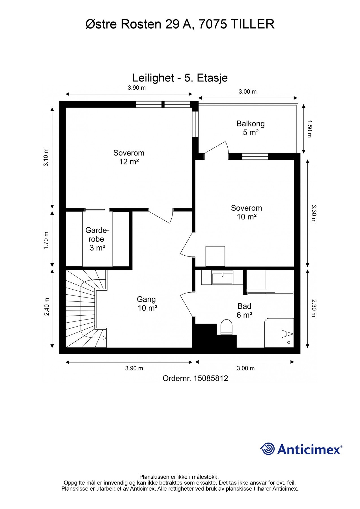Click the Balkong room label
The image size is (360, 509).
pyautogui.click(x=251, y=128)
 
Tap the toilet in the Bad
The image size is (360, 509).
pyautogui.click(x=226, y=327)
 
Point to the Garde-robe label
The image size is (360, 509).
pyautogui.click(x=97, y=239)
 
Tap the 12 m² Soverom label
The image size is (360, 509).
pyautogui.click(x=129, y=157)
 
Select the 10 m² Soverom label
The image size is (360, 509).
pyautogui.click(x=247, y=212)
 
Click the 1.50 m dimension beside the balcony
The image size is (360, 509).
pyautogui.click(x=309, y=129)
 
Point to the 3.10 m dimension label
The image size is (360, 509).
pyautogui.click(x=46, y=157)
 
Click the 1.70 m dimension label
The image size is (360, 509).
pyautogui.click(x=46, y=240)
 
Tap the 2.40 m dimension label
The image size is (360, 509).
pyautogui.click(x=47, y=307)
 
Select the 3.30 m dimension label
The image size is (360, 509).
pyautogui.click(x=313, y=213)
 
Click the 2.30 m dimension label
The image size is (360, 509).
pyautogui.click(x=313, y=308)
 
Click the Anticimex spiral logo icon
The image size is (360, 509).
pyautogui.click(x=268, y=449)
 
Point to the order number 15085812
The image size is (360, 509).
pyautogui.click(x=211, y=378)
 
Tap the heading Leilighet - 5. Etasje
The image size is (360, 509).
pyautogui.click(x=180, y=78)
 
